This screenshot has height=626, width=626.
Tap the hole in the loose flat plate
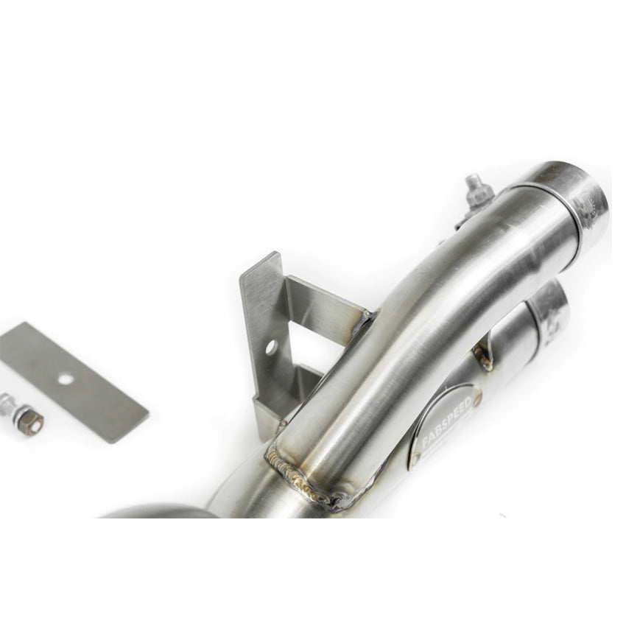(x=66, y=379)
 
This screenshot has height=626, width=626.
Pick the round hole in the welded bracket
(x=271, y=345)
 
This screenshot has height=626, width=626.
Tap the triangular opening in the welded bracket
(x=309, y=345)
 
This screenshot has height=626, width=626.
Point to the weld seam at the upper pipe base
(x=302, y=479)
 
